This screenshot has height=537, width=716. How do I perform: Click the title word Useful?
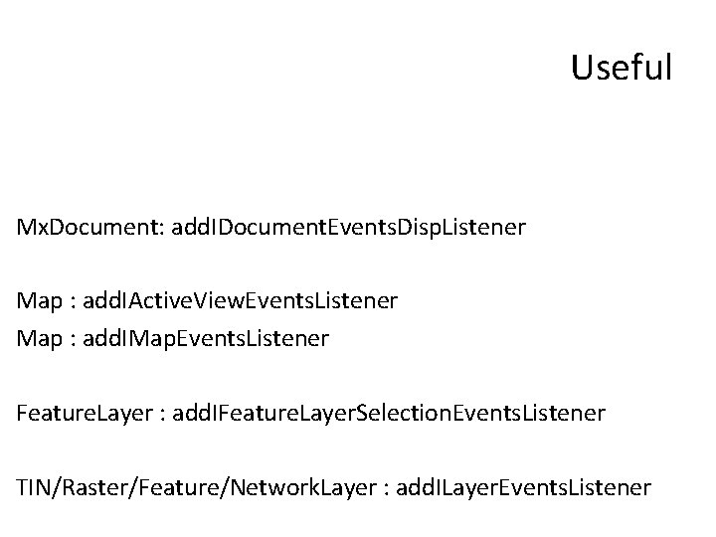click(623, 68)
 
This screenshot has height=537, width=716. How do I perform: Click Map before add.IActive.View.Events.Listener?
click(36, 299)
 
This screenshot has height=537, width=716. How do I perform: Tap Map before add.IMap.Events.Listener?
click(36, 339)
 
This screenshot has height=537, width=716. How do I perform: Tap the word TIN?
click(34, 487)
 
